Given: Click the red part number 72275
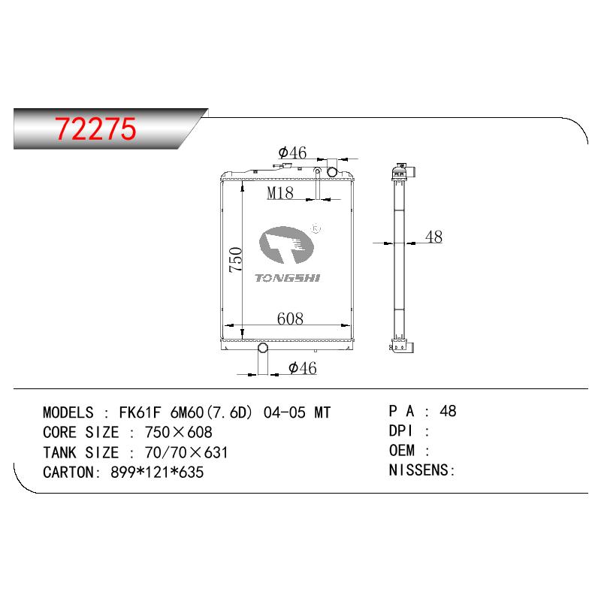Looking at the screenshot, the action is pos(95,128).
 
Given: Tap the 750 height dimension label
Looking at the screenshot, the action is pos(236,260).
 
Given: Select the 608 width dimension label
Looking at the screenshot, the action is pos(290,319).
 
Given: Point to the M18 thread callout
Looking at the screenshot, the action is pos(280,192).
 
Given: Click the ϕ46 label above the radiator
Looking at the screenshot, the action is pos(292,153).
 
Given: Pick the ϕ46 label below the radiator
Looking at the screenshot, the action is pos(303,368).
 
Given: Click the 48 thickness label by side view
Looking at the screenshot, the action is pos(434,237).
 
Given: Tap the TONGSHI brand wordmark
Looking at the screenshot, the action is pos(288,278).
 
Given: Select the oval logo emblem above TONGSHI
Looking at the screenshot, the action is pos(286,245).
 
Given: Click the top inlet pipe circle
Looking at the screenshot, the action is pos(332,172).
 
